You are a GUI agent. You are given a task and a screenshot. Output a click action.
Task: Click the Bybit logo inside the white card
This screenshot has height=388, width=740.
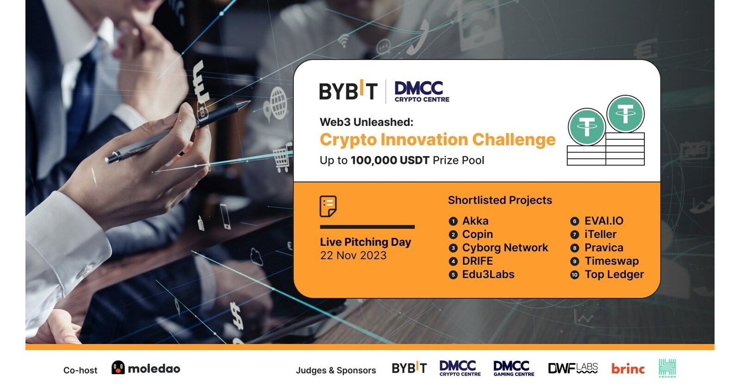coord(348,90)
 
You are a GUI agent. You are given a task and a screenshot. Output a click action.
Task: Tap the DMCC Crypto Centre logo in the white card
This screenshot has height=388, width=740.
coord(421,91)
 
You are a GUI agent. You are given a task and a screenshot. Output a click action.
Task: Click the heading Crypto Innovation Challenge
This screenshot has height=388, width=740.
coord(437,139)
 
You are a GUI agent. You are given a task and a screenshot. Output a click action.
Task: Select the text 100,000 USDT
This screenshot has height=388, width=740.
coord(389,160)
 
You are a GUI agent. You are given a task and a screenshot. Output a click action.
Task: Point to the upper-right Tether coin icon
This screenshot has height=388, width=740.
coord(625,113)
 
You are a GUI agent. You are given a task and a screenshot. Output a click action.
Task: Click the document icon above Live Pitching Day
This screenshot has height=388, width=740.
coord(328,206)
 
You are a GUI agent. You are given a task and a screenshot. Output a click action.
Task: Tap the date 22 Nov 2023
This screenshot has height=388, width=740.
coord(353,256)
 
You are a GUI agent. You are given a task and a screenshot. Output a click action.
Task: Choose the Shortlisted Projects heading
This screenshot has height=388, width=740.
coord(499,200)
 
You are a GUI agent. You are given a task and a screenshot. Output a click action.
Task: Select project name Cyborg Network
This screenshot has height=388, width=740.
coord(505,248)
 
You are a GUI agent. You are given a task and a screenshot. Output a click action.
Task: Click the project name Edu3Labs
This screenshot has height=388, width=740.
coord(488,275)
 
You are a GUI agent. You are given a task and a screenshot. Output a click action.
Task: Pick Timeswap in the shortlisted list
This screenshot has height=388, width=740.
coord(611,261)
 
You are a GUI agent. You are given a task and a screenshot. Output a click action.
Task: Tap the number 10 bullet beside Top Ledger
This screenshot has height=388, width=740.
coord(574,275)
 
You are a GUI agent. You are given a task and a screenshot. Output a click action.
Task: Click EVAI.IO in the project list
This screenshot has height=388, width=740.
coord(604,221)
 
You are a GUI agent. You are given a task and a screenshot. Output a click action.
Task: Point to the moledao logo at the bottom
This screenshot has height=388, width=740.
coord(146,369)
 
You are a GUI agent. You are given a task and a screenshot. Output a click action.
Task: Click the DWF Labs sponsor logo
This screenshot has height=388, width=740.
coord(573,368)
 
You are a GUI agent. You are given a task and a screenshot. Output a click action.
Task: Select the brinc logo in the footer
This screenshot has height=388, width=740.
coord(628,369)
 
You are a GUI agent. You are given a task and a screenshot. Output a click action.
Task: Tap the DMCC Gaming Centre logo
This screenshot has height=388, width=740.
coord(513,368)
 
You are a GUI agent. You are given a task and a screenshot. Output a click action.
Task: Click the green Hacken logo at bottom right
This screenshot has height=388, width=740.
coord(667,368)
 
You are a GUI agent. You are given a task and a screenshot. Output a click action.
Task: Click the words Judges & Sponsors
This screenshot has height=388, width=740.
coord(336,370)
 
